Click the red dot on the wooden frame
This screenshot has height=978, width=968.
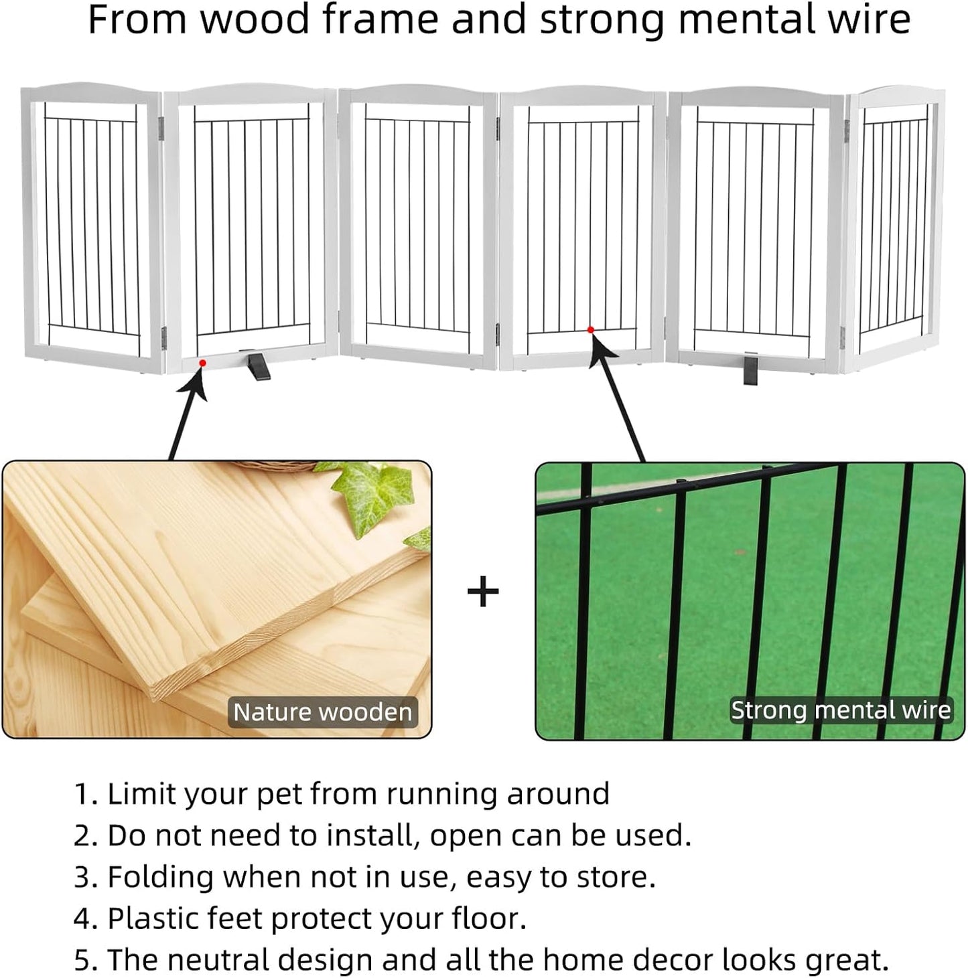pos(202,362)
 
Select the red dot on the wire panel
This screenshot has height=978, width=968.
pos(590,329)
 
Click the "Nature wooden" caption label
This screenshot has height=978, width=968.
pos(322,712)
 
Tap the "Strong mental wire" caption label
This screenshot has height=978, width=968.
pos(840,710)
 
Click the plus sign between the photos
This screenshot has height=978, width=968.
pos(483,592)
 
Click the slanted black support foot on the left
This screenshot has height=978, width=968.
pos(258,365)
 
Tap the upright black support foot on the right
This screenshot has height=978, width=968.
pos(750,370)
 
